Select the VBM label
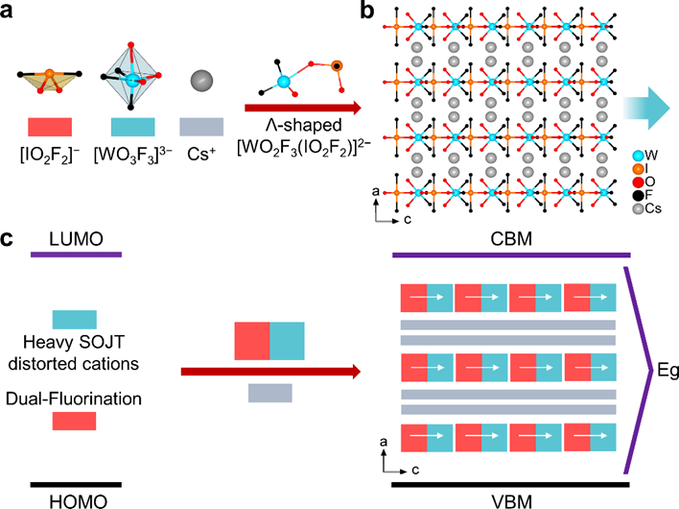512,499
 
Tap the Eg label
659,371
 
